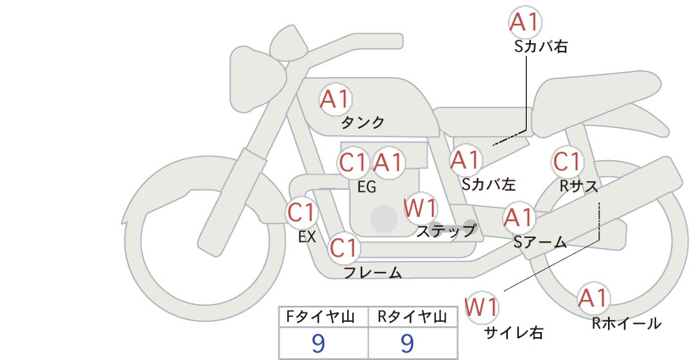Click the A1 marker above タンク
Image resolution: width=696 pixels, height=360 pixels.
coord(335,99)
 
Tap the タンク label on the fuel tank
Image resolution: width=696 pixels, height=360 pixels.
coord(362,123)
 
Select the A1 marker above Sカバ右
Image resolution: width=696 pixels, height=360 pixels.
coord(526,22)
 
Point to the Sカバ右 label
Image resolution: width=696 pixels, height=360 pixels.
coord(541,47)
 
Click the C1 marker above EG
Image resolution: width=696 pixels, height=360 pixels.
coord(353,163)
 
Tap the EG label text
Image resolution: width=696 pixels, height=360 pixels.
coord(367,187)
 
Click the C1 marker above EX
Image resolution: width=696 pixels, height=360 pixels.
coord(301,212)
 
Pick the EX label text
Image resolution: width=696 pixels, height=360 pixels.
coord(307,237)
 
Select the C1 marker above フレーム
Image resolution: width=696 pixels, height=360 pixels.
coord(345,247)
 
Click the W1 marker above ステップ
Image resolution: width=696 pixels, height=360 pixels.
coord(420,208)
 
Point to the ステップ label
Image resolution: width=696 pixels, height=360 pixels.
coord(446,231)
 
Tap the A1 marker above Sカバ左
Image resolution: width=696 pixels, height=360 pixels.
coord(466,160)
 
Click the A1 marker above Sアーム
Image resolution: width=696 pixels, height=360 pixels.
coord(519,218)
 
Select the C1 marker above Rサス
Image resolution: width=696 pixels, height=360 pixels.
coord(567,162)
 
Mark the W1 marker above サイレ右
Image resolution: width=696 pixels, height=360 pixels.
coord(482,307)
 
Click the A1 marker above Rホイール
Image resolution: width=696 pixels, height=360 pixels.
coord(593,298)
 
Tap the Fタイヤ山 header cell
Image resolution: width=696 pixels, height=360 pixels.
coord(323,317)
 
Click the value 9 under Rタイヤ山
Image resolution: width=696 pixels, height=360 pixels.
coord(407,343)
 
